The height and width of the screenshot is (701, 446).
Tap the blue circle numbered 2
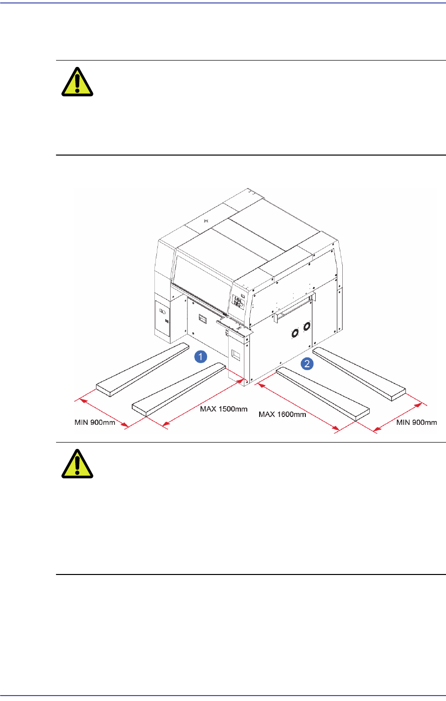(307, 364)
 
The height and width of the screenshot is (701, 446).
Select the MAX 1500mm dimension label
(223, 409)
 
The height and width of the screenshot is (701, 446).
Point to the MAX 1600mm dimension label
(282, 414)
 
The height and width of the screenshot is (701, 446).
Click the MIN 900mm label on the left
(91, 422)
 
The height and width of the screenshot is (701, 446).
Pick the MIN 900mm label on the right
(416, 422)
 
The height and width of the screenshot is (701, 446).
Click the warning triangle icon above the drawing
(77, 81)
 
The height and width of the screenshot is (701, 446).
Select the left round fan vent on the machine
(296, 333)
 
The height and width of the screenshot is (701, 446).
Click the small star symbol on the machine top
(207, 220)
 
